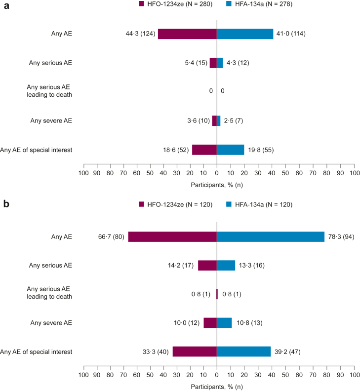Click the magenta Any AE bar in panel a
pos(187,34)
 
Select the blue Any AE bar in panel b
pos(271,237)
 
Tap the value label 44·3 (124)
pos(140,34)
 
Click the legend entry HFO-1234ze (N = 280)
pos(173,4)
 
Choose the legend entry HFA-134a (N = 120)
pos(262,204)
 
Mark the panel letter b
pos(6,204)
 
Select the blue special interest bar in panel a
pos(231,150)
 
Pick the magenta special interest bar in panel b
pos(195,352)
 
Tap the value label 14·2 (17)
pos(180,266)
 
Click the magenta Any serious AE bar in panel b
pos(207,266)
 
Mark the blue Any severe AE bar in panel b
pos(224,323)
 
